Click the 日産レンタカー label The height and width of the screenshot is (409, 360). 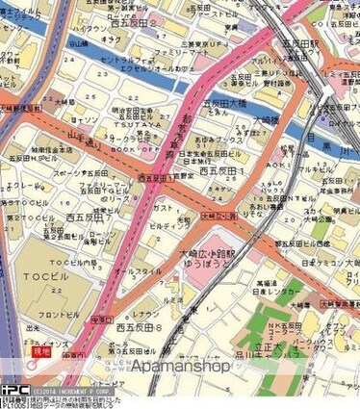(x=273, y=295)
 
